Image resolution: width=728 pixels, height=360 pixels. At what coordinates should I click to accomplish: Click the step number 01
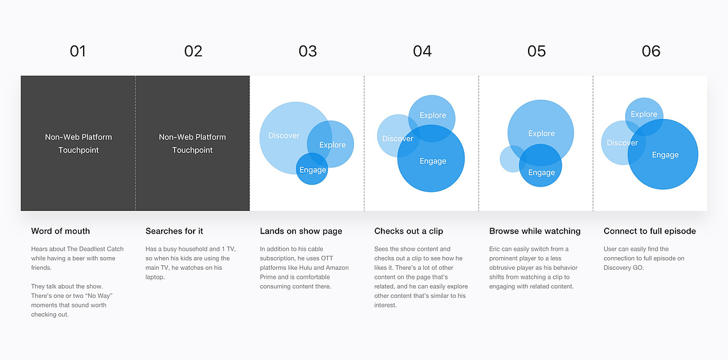click(77, 51)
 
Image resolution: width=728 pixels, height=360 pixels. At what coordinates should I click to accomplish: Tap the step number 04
click(422, 51)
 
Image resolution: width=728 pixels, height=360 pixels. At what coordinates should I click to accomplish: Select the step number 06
click(651, 51)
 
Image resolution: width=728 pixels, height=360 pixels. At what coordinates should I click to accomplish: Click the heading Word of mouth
click(60, 231)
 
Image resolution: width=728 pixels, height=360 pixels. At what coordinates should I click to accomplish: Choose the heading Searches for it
click(174, 231)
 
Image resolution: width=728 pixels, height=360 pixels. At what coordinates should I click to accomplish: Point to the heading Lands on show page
click(301, 231)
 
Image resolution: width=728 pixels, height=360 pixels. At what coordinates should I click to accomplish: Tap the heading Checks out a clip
click(408, 231)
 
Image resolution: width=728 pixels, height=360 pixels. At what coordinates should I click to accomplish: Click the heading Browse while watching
click(535, 231)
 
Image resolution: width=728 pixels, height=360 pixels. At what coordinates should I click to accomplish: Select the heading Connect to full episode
click(649, 231)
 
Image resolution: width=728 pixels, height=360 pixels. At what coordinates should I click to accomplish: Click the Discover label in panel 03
click(284, 136)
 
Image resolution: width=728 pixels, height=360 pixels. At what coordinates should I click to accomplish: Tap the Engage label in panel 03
click(313, 170)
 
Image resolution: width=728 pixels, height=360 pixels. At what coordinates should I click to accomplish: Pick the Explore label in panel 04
click(433, 115)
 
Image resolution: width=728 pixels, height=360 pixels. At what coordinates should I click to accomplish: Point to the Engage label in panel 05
click(541, 173)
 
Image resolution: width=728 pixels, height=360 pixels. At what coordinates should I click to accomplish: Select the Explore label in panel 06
click(644, 114)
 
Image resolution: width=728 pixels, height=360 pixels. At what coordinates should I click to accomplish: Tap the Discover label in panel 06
click(622, 143)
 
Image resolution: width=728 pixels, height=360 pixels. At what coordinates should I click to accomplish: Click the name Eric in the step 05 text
click(495, 249)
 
